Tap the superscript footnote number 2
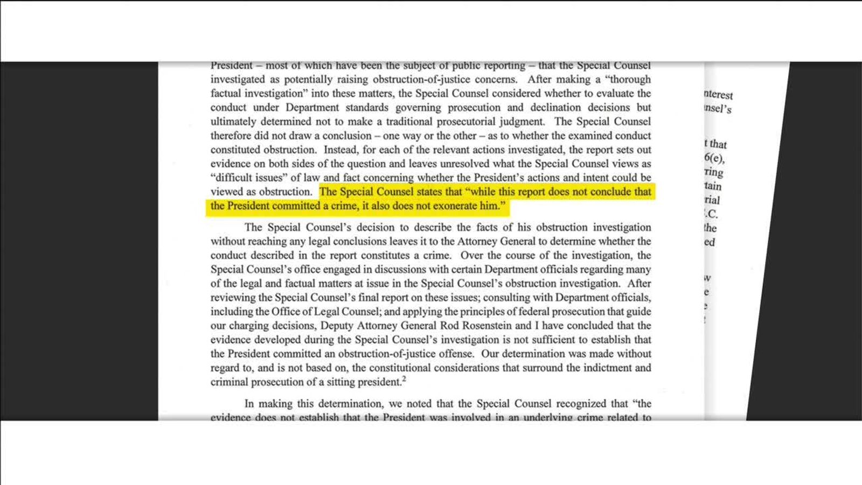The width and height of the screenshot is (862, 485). (x=404, y=379)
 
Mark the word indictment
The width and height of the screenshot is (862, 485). (x=601, y=368)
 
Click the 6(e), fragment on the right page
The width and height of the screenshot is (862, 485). (x=714, y=158)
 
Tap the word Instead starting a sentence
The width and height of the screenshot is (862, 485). (x=343, y=150)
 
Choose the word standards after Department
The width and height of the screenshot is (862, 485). (x=366, y=107)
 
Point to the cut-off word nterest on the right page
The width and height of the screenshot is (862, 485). (x=718, y=94)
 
